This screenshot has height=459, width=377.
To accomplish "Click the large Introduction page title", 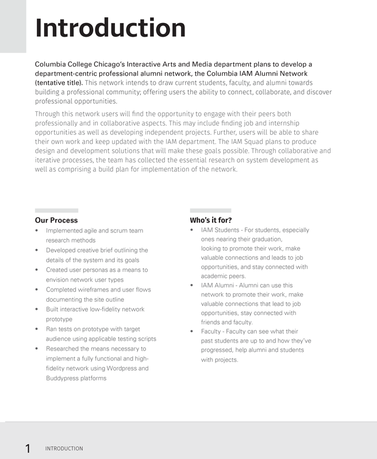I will tap(110, 28).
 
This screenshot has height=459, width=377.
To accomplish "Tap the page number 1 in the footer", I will tap(28, 449).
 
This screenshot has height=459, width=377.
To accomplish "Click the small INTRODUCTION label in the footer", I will tap(64, 449).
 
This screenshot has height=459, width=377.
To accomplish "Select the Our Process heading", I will tap(56, 220).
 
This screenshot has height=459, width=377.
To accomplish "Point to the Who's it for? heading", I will tap(211, 220).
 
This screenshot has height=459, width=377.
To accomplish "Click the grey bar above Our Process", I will tap(56, 211).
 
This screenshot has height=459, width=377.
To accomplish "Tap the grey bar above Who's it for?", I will tap(210, 211).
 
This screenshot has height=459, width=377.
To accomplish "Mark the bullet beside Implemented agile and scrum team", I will tap(37, 231).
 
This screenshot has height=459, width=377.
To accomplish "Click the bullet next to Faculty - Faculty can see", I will tap(192, 332).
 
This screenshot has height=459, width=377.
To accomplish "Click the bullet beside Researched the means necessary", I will tap(37, 349).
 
